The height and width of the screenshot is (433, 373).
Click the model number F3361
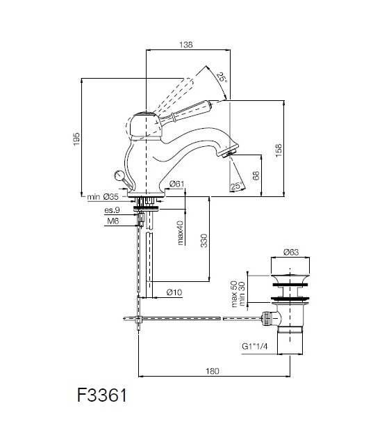102,395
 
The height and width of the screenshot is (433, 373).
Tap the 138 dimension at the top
186,45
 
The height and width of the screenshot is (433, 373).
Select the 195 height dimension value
76,139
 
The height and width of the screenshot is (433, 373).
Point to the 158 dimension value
279,150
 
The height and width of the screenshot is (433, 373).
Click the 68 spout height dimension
256,175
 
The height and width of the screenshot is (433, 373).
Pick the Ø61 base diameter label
177,184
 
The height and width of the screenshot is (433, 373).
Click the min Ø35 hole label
103,197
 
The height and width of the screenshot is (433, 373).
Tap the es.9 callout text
112,210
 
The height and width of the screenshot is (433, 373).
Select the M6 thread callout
113,221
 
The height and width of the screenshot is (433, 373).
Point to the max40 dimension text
180,233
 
